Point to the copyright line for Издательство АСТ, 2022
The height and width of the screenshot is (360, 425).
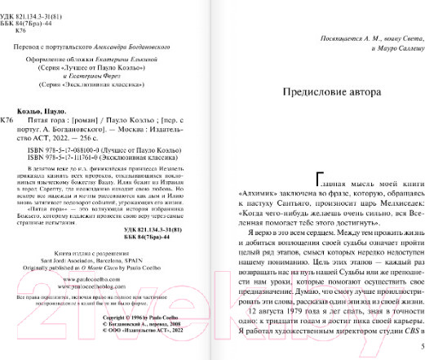coord(146,331)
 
